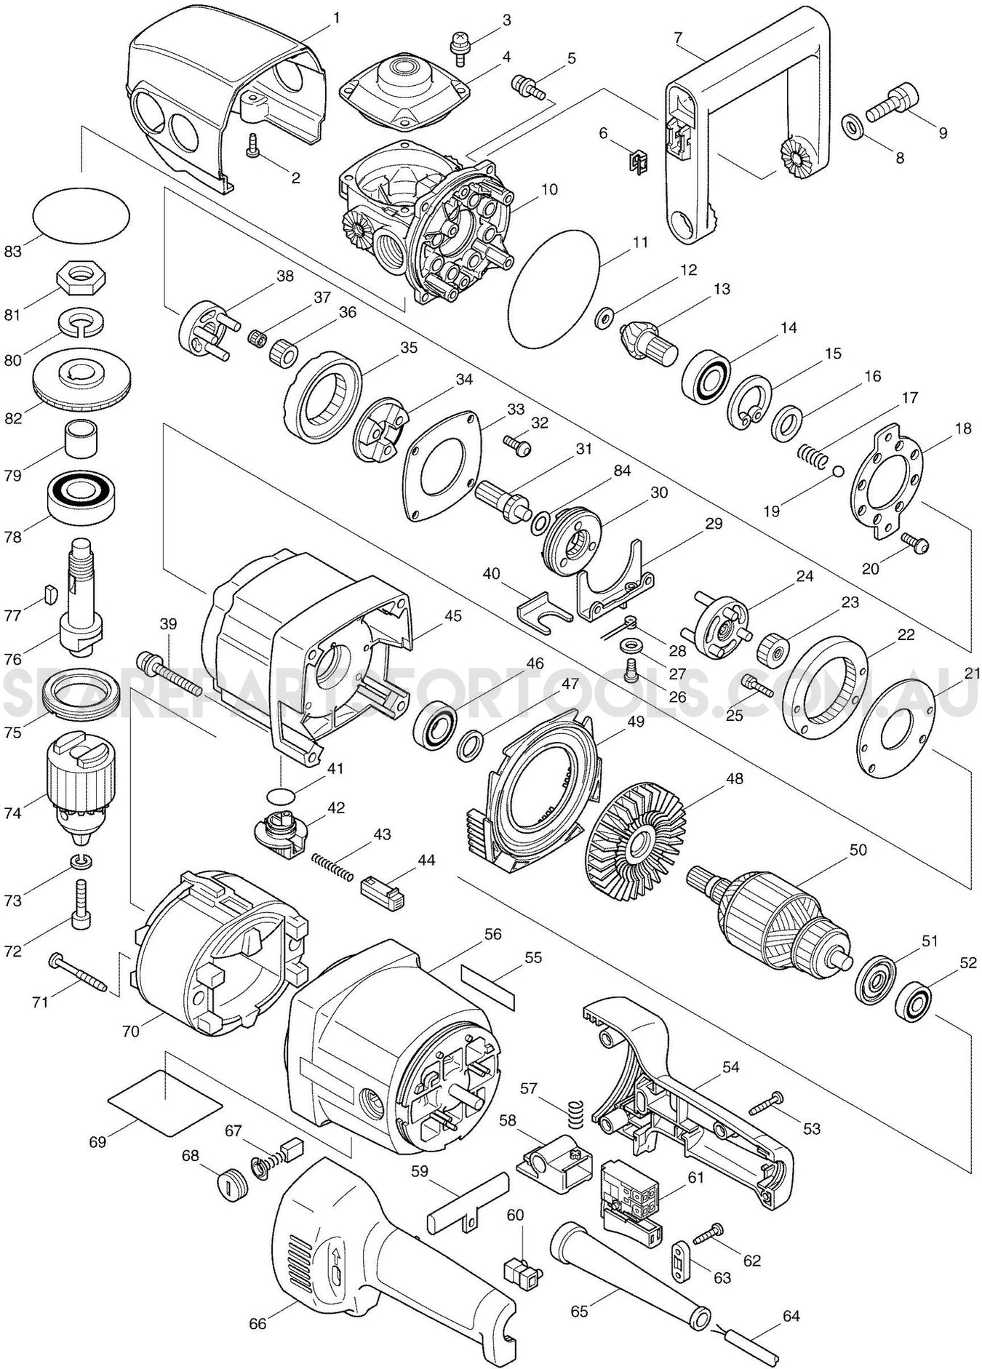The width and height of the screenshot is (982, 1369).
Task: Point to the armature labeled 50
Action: (x=778, y=917)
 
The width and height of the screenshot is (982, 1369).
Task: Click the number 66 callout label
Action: (x=258, y=1324)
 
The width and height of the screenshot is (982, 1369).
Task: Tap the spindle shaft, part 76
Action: (x=80, y=596)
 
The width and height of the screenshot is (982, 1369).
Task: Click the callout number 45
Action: (x=452, y=615)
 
